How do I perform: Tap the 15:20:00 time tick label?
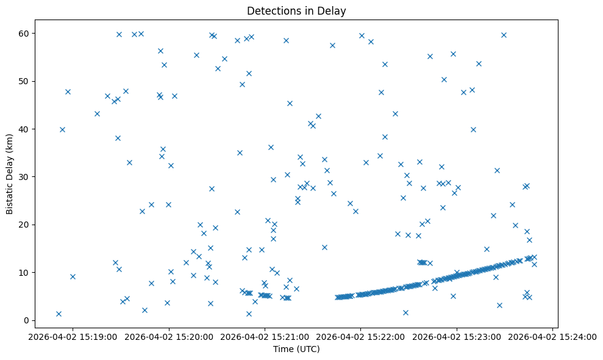169,336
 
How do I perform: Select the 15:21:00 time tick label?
265,336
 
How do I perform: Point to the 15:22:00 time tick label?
360,336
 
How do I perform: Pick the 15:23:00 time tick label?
457,336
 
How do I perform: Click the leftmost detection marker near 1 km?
59,314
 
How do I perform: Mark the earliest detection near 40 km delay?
62,129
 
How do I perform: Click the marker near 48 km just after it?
68,92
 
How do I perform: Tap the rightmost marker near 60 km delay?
504,35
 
